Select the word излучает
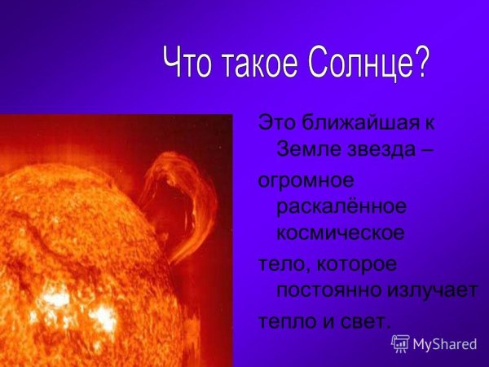(x=437, y=290)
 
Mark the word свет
(x=368, y=321)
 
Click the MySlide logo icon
(x=401, y=343)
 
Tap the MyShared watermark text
(x=445, y=344)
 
